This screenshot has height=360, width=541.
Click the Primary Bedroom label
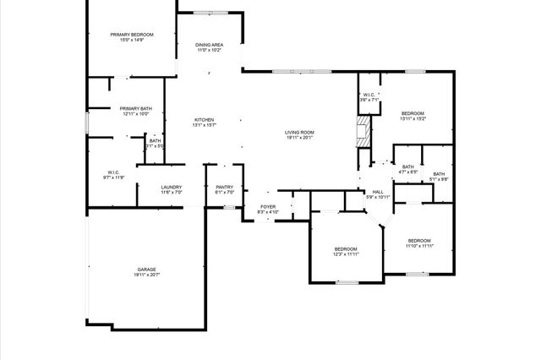click(x=131, y=35)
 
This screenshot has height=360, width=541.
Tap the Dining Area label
click(x=210, y=45)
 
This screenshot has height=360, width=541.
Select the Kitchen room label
click(x=204, y=120)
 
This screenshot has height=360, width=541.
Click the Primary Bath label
click(x=135, y=108)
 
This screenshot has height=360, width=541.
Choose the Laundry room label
click(x=172, y=187)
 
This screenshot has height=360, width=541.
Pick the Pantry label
click(x=224, y=187)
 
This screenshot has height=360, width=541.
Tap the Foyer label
click(x=268, y=205)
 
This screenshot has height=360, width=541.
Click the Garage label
click(x=146, y=270)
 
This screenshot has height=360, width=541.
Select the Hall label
click(x=377, y=192)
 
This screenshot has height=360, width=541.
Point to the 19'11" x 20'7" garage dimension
click(x=146, y=275)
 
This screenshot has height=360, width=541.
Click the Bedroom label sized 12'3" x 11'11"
click(x=346, y=248)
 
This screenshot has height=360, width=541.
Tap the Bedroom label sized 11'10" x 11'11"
click(x=419, y=240)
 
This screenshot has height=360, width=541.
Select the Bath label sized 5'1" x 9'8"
click(x=439, y=174)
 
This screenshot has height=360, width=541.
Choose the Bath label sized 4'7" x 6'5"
click(x=408, y=167)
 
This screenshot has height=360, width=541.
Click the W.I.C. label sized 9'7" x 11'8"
click(x=114, y=172)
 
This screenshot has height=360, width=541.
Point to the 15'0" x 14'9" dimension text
click(x=131, y=40)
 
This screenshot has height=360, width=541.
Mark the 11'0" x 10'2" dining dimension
click(x=210, y=50)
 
